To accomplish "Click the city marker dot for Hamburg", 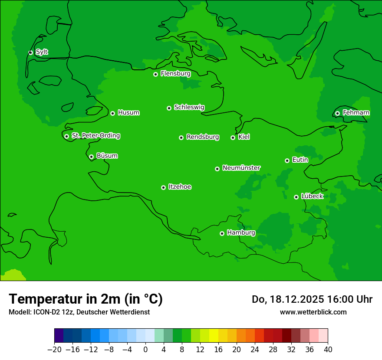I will click(x=222, y=233).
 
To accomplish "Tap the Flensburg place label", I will click(x=175, y=74).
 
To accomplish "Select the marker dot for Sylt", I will click(x=30, y=52).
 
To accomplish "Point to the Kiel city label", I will click(x=244, y=137).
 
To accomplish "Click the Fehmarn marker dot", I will click(x=337, y=113).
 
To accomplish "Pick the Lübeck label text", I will click(x=312, y=196).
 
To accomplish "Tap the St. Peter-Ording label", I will click(x=96, y=136).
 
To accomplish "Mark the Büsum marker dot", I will click(x=91, y=157).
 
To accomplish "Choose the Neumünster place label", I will click(x=241, y=168).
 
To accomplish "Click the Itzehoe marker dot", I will click(x=163, y=187).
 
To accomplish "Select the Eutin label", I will click(x=300, y=160).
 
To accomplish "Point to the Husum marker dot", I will click(x=112, y=113).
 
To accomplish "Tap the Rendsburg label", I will click(x=203, y=137).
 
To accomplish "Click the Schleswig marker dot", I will click(x=169, y=108).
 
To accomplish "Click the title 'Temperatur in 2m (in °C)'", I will click(x=86, y=299).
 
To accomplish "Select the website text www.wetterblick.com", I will click(x=313, y=312).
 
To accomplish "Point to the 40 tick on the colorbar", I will click(x=328, y=349).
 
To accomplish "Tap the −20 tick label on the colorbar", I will click(x=54, y=349).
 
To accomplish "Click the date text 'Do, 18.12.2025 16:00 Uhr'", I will click(x=312, y=299).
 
